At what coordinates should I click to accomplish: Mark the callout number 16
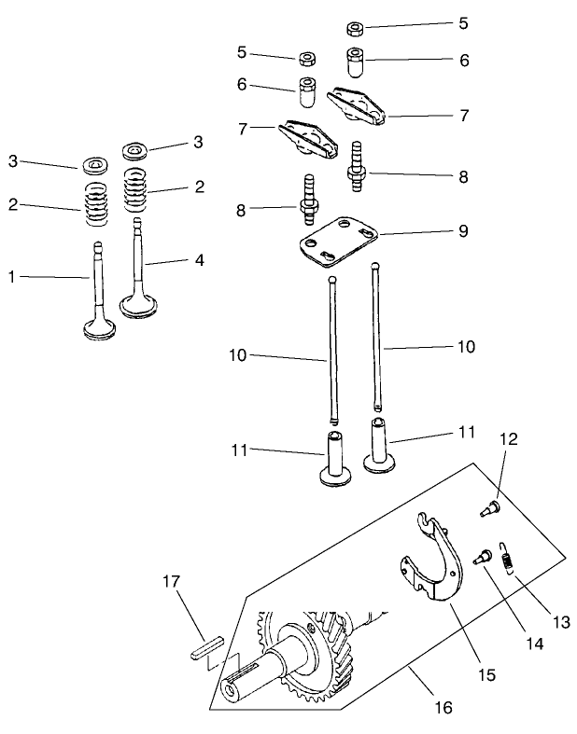(443, 708)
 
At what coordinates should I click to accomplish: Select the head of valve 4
(141, 307)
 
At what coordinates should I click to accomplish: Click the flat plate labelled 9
(338, 239)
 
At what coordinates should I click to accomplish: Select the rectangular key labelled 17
(205, 647)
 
